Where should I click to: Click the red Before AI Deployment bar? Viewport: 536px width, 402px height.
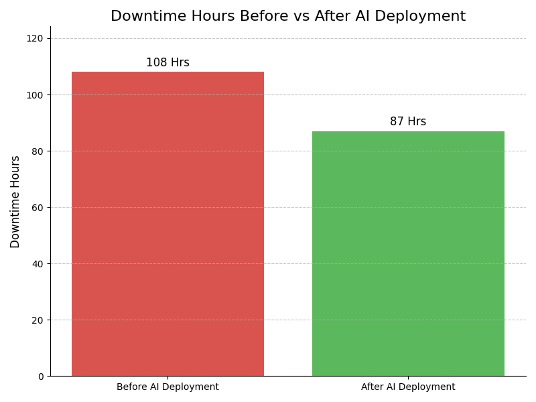tap(167, 224)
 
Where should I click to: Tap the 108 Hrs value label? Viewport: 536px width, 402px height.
tap(167, 63)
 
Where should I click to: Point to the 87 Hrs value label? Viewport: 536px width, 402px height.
tap(408, 122)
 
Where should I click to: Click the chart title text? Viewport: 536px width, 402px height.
tap(288, 16)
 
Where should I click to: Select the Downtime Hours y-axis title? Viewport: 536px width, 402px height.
tap(15, 202)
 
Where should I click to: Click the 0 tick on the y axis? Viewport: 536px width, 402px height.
tap(40, 377)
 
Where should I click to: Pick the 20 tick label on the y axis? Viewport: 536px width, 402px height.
tap(38, 320)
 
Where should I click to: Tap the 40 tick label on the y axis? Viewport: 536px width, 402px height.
tap(38, 264)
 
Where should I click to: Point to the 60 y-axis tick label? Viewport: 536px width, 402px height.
tap(38, 208)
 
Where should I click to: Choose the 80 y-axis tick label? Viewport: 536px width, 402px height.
tap(38, 151)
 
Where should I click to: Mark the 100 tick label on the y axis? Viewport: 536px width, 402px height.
tap(35, 95)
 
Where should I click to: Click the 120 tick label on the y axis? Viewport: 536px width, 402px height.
tap(35, 39)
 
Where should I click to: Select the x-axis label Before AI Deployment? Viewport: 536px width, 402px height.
tap(167, 387)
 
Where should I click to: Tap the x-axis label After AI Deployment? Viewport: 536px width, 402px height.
tap(408, 387)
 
